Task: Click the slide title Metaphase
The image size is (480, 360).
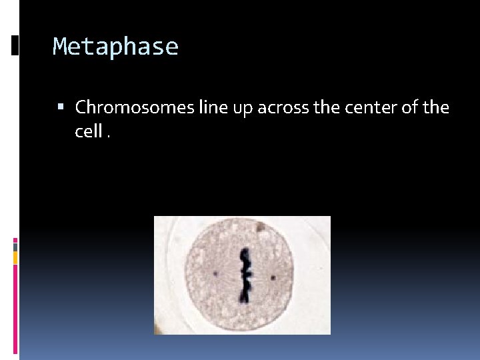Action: tap(115, 47)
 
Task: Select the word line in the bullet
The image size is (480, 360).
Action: tap(213, 107)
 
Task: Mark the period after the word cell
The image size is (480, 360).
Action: tap(107, 135)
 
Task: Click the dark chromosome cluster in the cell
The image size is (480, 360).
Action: tap(245, 275)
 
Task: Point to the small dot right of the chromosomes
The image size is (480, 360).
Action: tap(273, 276)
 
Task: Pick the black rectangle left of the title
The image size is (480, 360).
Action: tap(15, 45)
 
